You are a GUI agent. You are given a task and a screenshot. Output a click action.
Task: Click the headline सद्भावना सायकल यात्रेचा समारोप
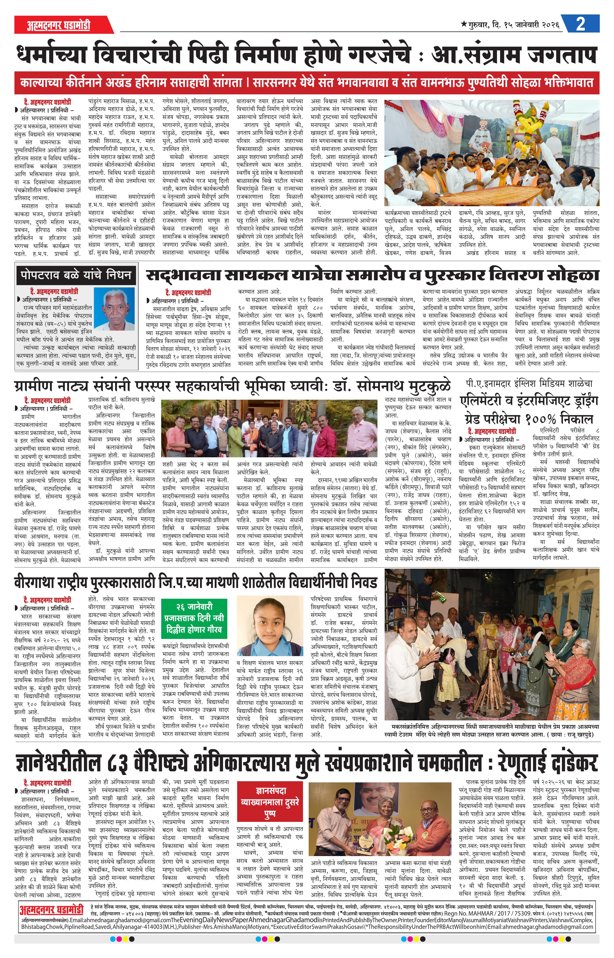[x=373, y=275]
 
